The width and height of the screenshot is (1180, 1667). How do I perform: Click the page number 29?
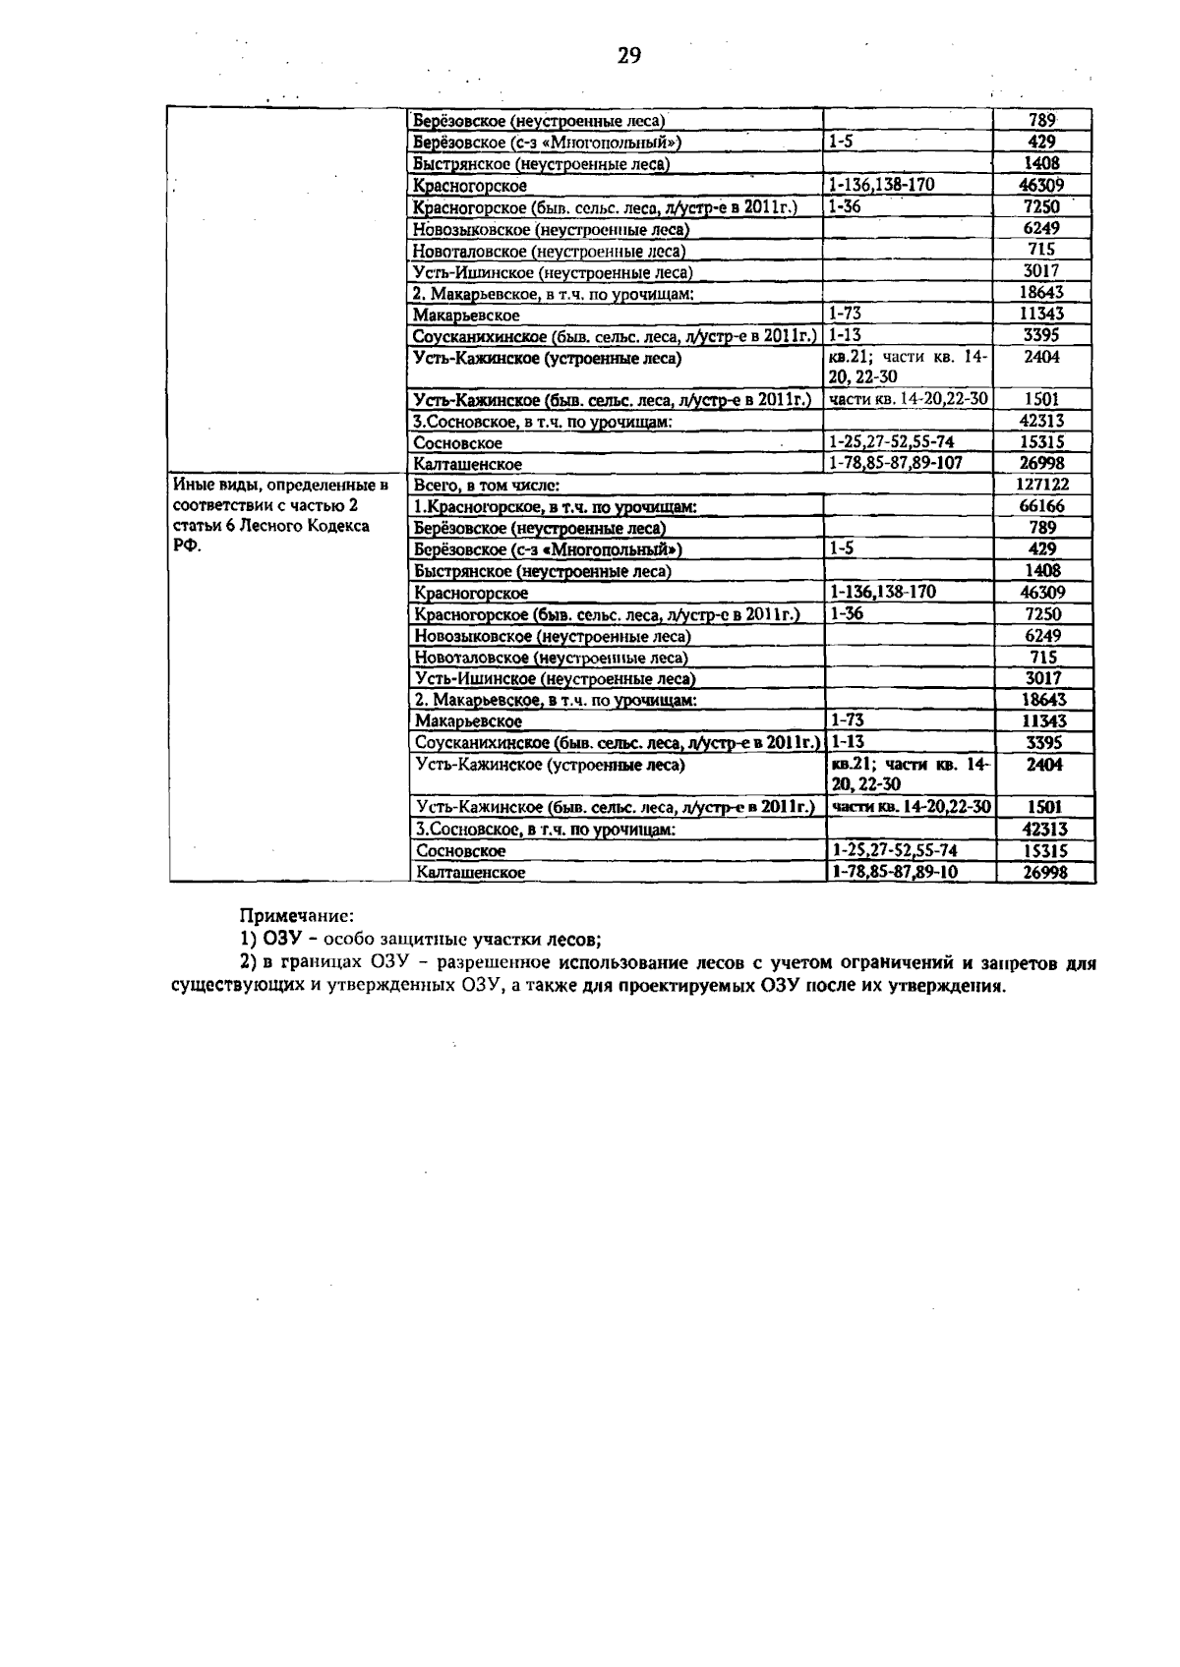(x=629, y=56)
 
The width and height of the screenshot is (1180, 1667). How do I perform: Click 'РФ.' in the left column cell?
(x=186, y=547)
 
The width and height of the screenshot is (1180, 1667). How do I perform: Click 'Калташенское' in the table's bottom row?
(x=470, y=873)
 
